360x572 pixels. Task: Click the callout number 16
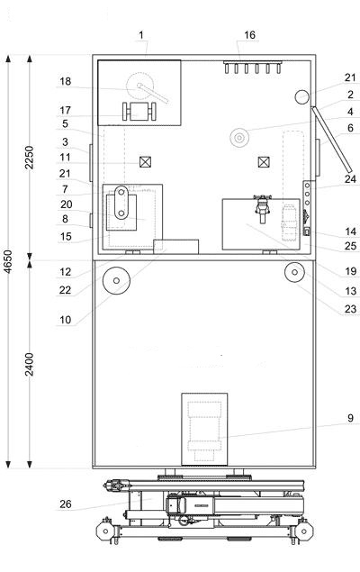coord(249,35)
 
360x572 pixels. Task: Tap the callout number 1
coord(141,35)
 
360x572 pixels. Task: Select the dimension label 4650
coord(8,261)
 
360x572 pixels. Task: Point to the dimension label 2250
coord(30,158)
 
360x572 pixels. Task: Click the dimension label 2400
coord(30,364)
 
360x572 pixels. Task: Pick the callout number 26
coord(66,504)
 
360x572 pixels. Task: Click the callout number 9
coord(350,418)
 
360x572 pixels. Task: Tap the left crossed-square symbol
coord(145,161)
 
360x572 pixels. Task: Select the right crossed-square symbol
coord(264,161)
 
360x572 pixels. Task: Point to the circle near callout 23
coord(294,272)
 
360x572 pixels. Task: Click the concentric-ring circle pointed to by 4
coord(239,138)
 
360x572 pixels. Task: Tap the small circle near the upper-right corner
coord(302,97)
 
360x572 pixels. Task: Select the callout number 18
coord(66,81)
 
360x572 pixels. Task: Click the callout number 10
coord(66,320)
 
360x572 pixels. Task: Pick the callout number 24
coord(350,179)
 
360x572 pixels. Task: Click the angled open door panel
coord(331,140)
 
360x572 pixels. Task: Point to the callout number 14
coord(350,232)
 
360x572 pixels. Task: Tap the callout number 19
coord(350,271)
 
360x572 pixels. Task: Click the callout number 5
coord(65,123)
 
